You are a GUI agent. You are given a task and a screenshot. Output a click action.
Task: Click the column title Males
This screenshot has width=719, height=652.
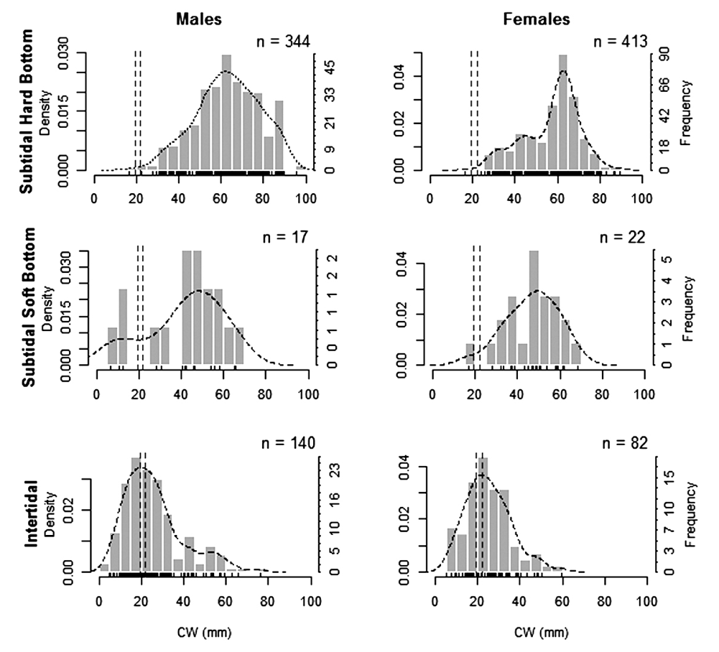click(199, 19)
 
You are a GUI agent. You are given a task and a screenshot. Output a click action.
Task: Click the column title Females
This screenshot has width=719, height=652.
click(537, 19)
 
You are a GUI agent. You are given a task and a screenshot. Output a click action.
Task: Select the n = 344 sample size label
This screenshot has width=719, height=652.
click(283, 42)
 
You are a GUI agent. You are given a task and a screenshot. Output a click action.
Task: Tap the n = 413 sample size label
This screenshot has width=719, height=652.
click(621, 42)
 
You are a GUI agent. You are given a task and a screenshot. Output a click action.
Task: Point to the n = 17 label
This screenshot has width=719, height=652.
click(285, 238)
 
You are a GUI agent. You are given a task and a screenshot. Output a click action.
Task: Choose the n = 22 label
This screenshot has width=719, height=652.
click(623, 238)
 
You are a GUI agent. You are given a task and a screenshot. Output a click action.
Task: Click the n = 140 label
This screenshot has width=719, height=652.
click(289, 443)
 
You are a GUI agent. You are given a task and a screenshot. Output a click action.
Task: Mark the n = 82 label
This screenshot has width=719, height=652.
click(624, 443)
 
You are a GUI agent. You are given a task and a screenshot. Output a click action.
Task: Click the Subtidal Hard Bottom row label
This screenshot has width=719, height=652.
click(27, 111)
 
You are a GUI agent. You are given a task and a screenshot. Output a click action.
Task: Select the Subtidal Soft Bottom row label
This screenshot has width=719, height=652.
click(29, 307)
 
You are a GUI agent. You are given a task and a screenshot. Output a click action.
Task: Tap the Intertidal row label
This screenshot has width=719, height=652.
click(31, 513)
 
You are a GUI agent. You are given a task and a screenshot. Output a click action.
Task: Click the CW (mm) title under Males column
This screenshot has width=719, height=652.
click(205, 633)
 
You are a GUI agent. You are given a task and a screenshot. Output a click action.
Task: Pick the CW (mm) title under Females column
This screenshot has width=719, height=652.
click(542, 633)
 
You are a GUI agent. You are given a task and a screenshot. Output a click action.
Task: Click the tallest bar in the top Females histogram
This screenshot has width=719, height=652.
click(563, 112)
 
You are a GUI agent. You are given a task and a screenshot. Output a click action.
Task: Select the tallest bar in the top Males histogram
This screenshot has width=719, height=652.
click(226, 112)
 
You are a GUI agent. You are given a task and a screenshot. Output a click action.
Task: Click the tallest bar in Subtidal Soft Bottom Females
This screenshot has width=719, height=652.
click(534, 307)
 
